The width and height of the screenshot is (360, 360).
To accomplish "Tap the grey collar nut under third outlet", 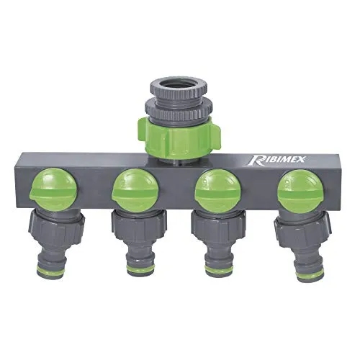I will [217, 227].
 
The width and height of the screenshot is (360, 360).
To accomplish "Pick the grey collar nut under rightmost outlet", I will [301, 228].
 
